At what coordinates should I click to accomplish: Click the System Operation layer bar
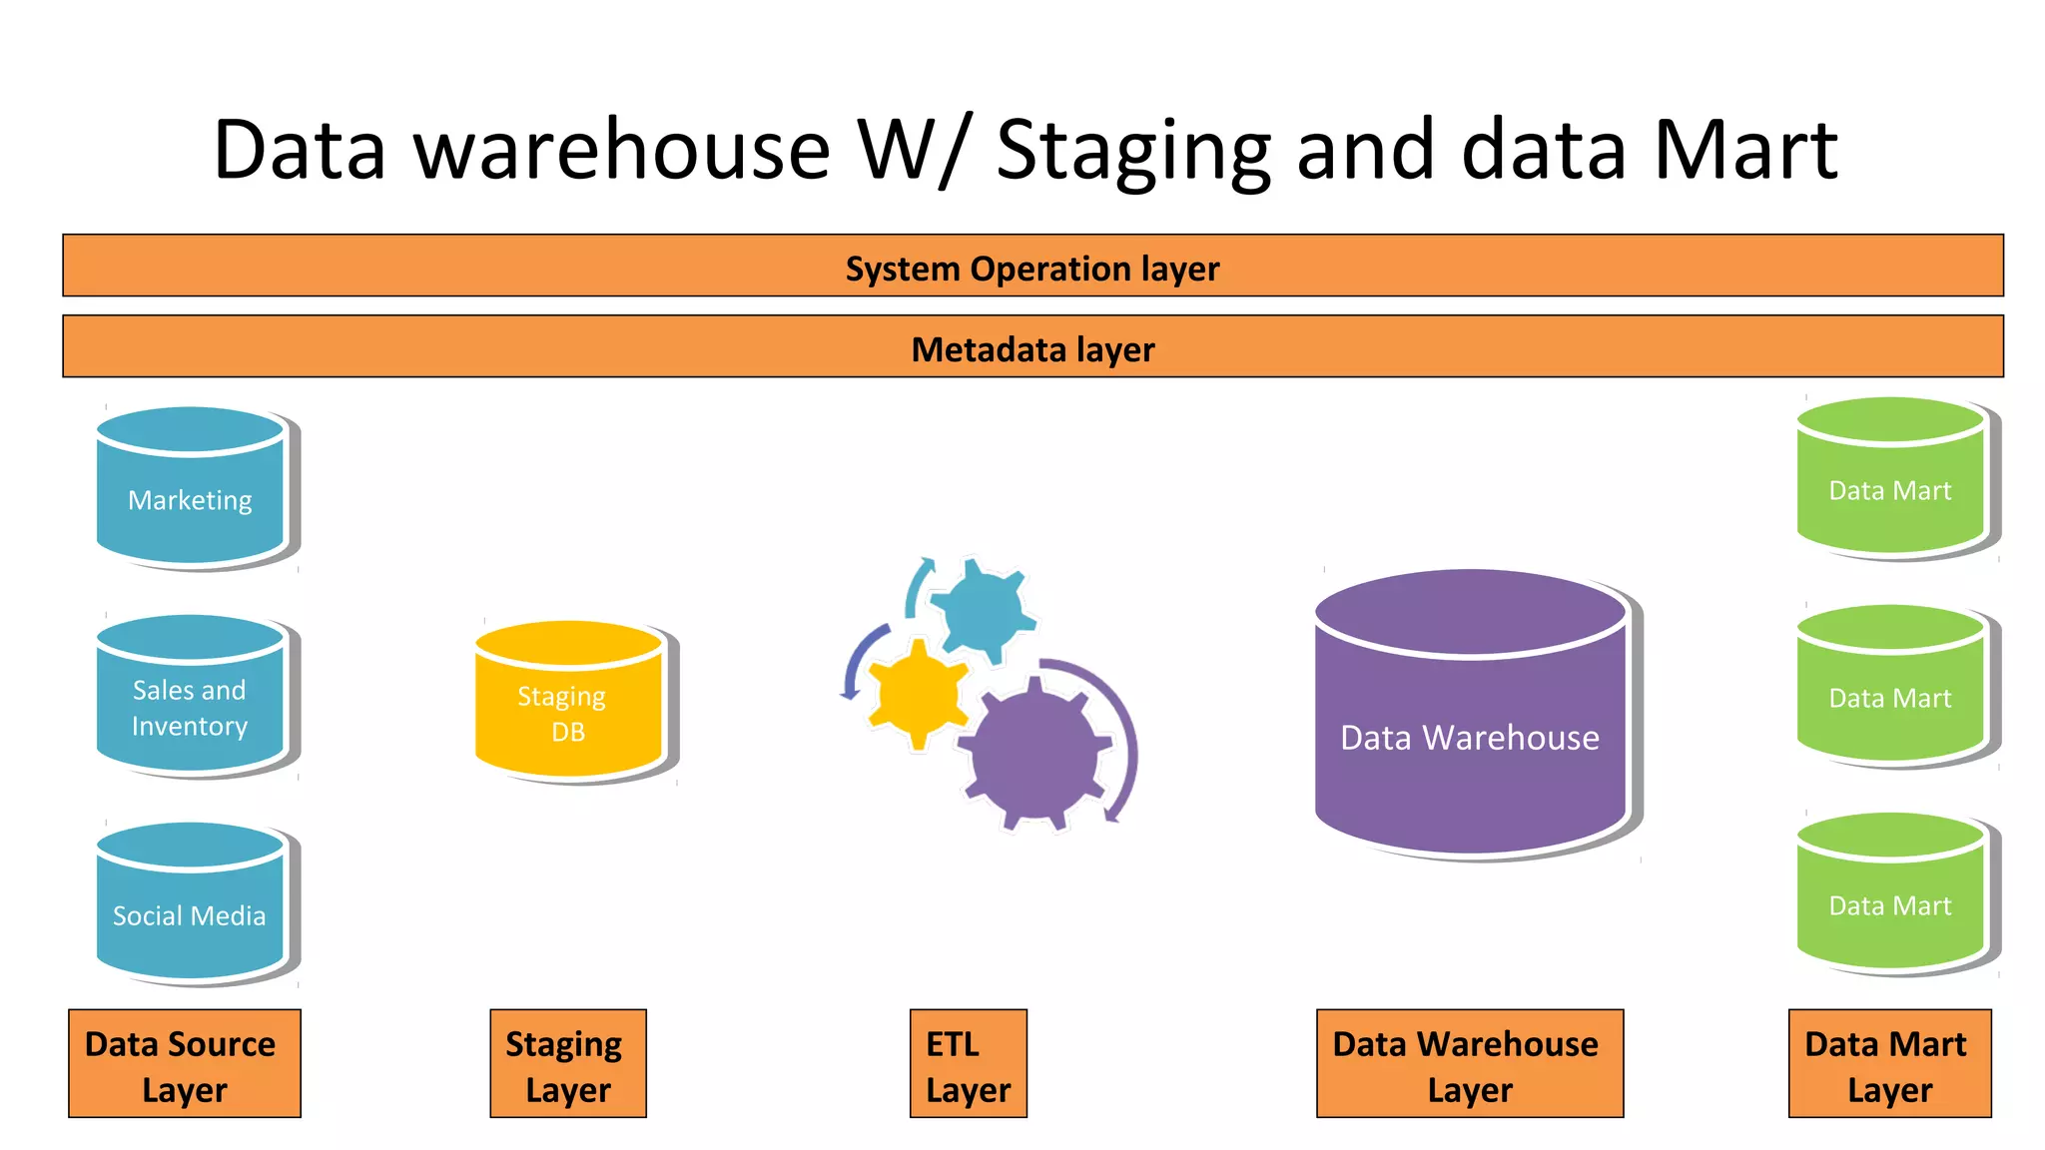click(x=1032, y=267)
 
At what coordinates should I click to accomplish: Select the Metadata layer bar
click(x=1032, y=347)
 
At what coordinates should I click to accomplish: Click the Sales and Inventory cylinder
click(x=191, y=699)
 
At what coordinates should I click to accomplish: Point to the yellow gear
click(x=918, y=695)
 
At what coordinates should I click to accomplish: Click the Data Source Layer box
click(x=184, y=1064)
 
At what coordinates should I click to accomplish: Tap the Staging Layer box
click(x=567, y=1064)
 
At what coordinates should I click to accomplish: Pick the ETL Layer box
click(x=968, y=1064)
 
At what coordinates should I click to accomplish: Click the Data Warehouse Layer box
click(x=1469, y=1064)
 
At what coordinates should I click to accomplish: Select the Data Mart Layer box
click(x=1889, y=1064)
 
